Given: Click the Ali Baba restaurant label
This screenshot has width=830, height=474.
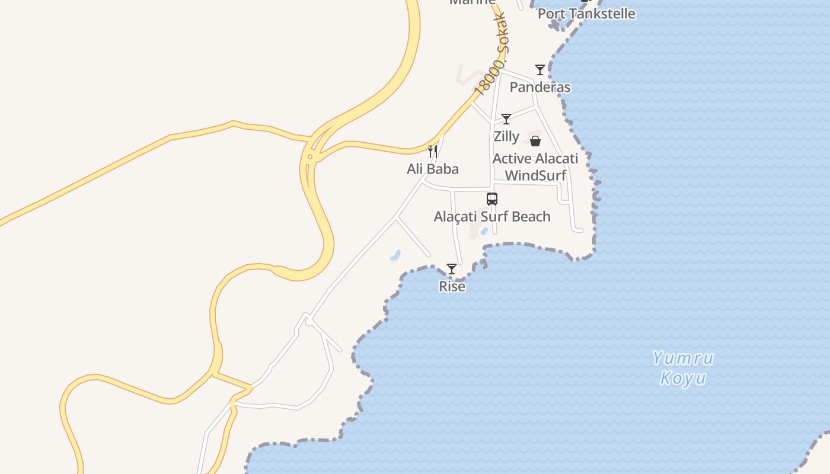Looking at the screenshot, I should [x=433, y=169].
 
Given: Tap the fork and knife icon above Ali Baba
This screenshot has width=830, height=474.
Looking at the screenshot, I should [x=433, y=152].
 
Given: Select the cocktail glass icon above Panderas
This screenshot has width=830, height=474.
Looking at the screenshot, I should [x=539, y=70].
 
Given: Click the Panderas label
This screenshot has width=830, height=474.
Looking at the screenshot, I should [x=539, y=87].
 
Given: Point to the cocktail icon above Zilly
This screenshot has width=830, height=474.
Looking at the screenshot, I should [x=506, y=119].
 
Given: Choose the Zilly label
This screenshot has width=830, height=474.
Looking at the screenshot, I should [x=506, y=136].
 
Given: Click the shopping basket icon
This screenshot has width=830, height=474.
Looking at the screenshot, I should [x=535, y=141].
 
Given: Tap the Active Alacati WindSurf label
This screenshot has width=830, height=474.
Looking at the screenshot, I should [x=535, y=166].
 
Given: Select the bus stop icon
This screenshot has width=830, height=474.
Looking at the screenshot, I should [x=492, y=199].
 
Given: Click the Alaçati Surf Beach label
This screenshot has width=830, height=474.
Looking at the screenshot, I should [x=492, y=216].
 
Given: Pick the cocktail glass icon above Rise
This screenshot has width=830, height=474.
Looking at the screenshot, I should [x=452, y=269].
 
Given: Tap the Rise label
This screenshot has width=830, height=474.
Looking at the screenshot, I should [x=452, y=286].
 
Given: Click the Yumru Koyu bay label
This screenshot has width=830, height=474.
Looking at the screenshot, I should [x=683, y=368].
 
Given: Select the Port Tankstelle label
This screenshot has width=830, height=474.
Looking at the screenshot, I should [x=586, y=13].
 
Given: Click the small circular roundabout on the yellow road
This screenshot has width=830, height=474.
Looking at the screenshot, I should [x=309, y=157].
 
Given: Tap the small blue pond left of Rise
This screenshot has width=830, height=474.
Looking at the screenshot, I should [x=395, y=256].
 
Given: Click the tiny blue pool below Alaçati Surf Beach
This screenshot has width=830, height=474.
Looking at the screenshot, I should [x=484, y=231].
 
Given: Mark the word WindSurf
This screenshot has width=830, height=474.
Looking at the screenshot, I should [x=535, y=175].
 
